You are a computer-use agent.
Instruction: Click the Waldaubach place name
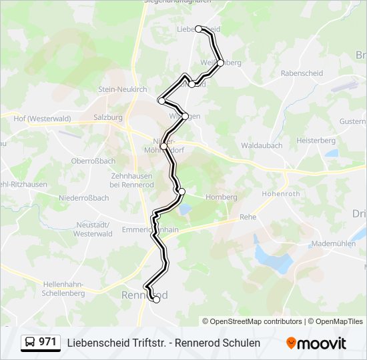[x=262, y=145]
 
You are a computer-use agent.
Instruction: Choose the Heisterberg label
[x=316, y=141]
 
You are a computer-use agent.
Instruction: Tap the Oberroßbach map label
[x=93, y=161]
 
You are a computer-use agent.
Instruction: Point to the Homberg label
[x=222, y=197]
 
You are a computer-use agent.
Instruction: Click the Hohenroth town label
[x=282, y=194]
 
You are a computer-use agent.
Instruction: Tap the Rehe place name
[x=248, y=217]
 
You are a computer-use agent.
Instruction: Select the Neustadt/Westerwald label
[x=93, y=230]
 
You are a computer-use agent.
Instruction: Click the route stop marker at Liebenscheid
[x=199, y=29]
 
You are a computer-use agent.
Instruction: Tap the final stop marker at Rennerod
[x=156, y=300]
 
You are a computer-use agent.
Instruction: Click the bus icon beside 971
[x=30, y=343]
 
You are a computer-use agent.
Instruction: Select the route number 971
[x=48, y=342]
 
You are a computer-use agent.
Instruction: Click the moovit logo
[x=316, y=343]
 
